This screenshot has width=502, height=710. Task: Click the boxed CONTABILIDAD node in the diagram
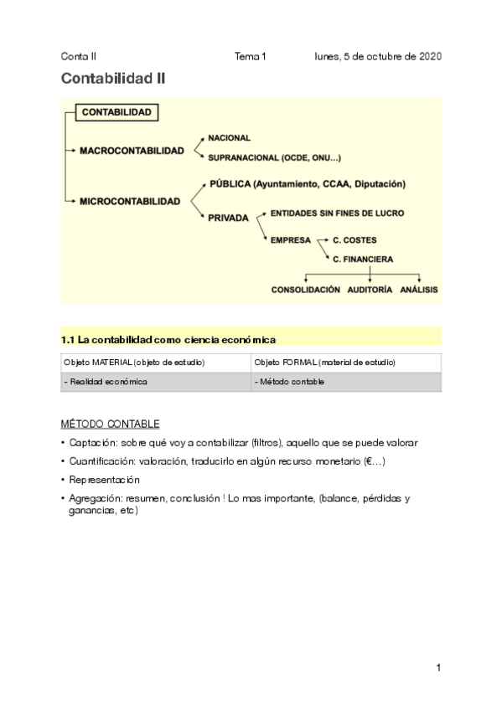[x=116, y=111]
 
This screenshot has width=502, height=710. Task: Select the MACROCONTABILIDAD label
[x=132, y=151]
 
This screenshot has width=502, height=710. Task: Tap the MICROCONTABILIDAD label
[x=129, y=202]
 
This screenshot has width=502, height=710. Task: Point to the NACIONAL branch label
[x=229, y=137]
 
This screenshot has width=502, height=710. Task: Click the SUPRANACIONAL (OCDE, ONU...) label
[x=274, y=157]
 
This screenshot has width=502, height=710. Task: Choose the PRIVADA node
[x=228, y=218]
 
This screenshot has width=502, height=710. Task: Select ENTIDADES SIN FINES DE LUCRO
[x=337, y=214]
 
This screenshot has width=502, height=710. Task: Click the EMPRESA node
[x=290, y=240]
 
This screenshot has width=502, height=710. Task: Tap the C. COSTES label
[x=355, y=240]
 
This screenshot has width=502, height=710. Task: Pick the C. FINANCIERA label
[x=363, y=260]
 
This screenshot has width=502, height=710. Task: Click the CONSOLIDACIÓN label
[x=306, y=290]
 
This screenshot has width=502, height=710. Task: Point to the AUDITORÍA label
[x=369, y=290]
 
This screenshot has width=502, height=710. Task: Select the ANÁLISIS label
[x=419, y=290]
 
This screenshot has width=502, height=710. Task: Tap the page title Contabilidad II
[x=113, y=80]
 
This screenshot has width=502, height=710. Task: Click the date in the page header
[x=378, y=57]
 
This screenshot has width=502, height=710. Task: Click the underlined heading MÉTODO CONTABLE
[x=110, y=424]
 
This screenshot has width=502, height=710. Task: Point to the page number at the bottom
[x=437, y=667]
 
